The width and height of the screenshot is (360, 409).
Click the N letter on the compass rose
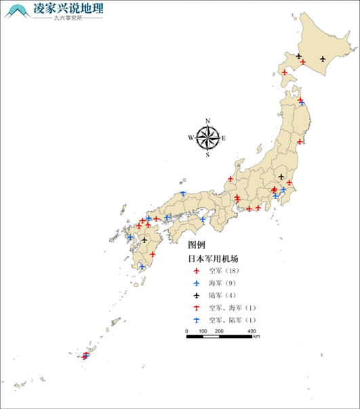coord(207,121)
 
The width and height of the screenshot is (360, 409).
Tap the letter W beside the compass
coord(191,138)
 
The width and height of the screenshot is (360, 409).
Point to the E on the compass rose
coord(224,138)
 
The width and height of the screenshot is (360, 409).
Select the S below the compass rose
coord(207,155)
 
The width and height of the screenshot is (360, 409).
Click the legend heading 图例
coord(197,244)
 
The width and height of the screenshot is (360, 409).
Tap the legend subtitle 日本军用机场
coord(214,259)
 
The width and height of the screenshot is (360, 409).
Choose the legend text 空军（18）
coord(223,271)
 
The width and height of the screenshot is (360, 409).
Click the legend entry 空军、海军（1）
coord(232,308)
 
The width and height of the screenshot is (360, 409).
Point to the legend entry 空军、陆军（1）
coord(232,320)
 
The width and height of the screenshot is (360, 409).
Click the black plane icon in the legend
coord(196,295)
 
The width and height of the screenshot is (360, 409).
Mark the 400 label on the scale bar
coord(252,331)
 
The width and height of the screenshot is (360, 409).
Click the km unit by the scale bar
coord(257,337)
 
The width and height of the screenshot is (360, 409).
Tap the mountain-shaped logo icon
coord(18,12)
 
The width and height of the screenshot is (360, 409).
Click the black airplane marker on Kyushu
coord(144,240)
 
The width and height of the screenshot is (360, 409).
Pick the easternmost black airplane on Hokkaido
coord(322,59)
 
